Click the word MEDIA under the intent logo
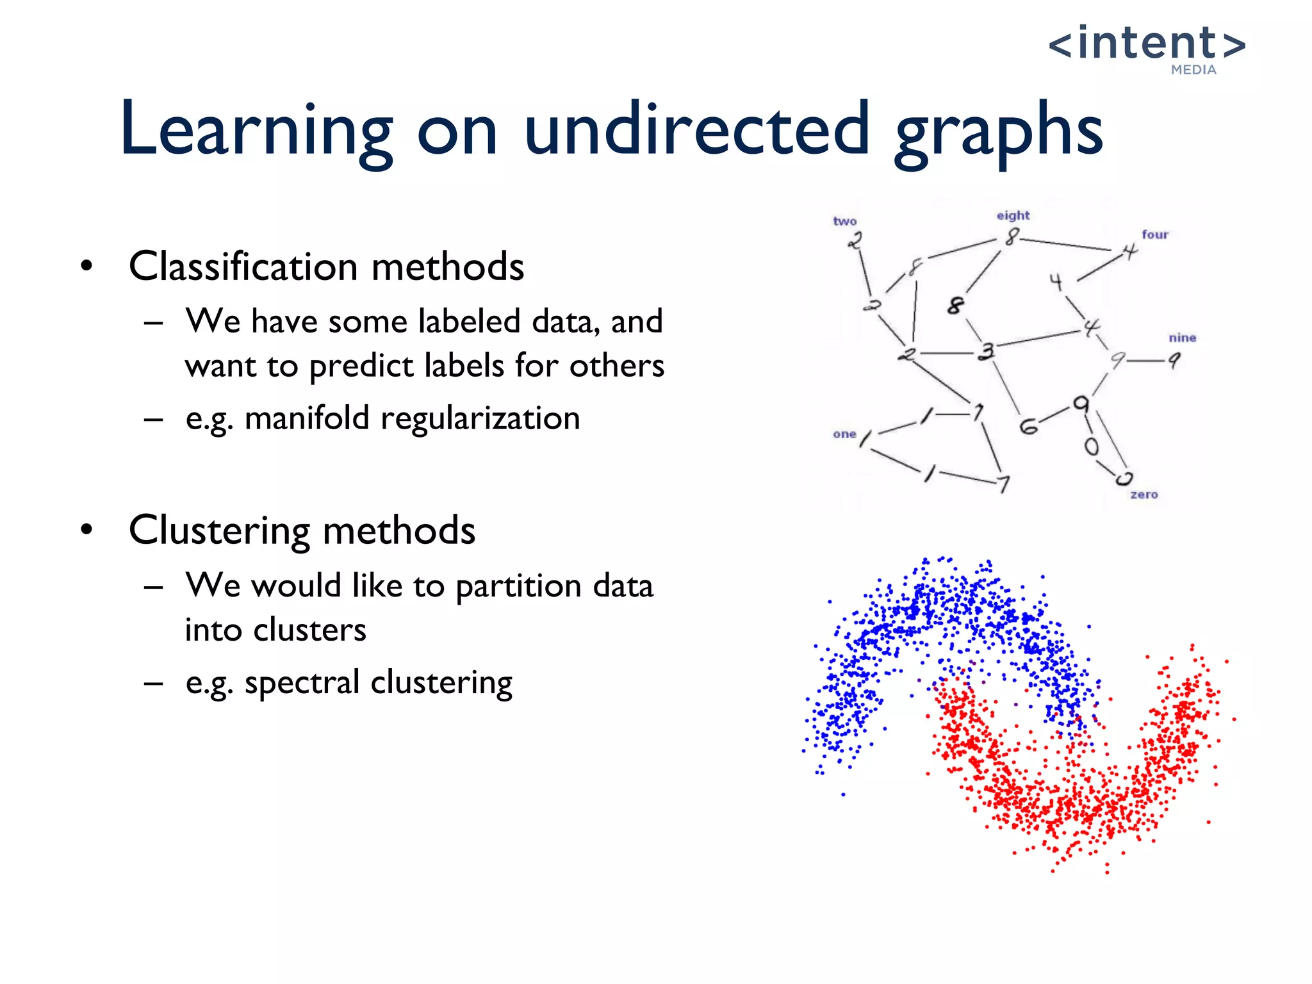point(1193,70)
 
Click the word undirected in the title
point(696,130)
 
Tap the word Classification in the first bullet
point(243,266)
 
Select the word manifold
point(307,418)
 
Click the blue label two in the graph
point(844,221)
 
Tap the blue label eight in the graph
point(1013,215)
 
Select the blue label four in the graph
point(1155,234)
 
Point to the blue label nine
point(1182,338)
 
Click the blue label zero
point(1144,495)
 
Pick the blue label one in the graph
point(844,434)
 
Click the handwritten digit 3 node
point(987,351)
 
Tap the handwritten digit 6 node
point(1028,426)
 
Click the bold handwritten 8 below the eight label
point(955,305)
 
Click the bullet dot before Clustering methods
point(87,530)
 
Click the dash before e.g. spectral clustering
point(154,683)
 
